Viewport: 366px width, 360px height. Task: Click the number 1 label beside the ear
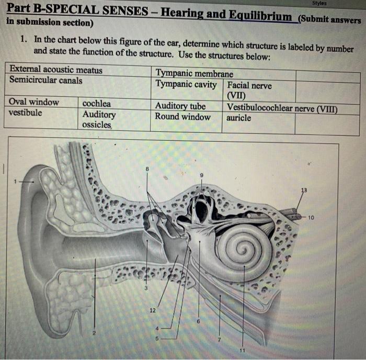16,181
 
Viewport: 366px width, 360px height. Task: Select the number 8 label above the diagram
147,168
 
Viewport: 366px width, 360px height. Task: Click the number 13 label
304,190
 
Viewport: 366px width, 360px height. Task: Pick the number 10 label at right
312,217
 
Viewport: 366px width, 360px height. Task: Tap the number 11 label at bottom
242,350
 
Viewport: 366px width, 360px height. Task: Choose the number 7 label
220,341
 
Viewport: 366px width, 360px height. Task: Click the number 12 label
153,310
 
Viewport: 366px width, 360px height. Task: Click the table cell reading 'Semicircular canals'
46,80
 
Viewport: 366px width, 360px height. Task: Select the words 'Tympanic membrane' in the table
195,74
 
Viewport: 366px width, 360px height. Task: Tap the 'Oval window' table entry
34,102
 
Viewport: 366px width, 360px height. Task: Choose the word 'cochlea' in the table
97,103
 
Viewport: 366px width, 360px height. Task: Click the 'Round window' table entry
182,117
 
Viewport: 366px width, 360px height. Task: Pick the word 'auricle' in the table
238,118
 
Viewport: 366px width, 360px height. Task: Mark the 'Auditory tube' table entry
180,106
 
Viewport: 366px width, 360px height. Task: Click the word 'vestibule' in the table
26,113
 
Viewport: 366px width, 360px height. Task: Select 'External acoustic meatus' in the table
56,70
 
